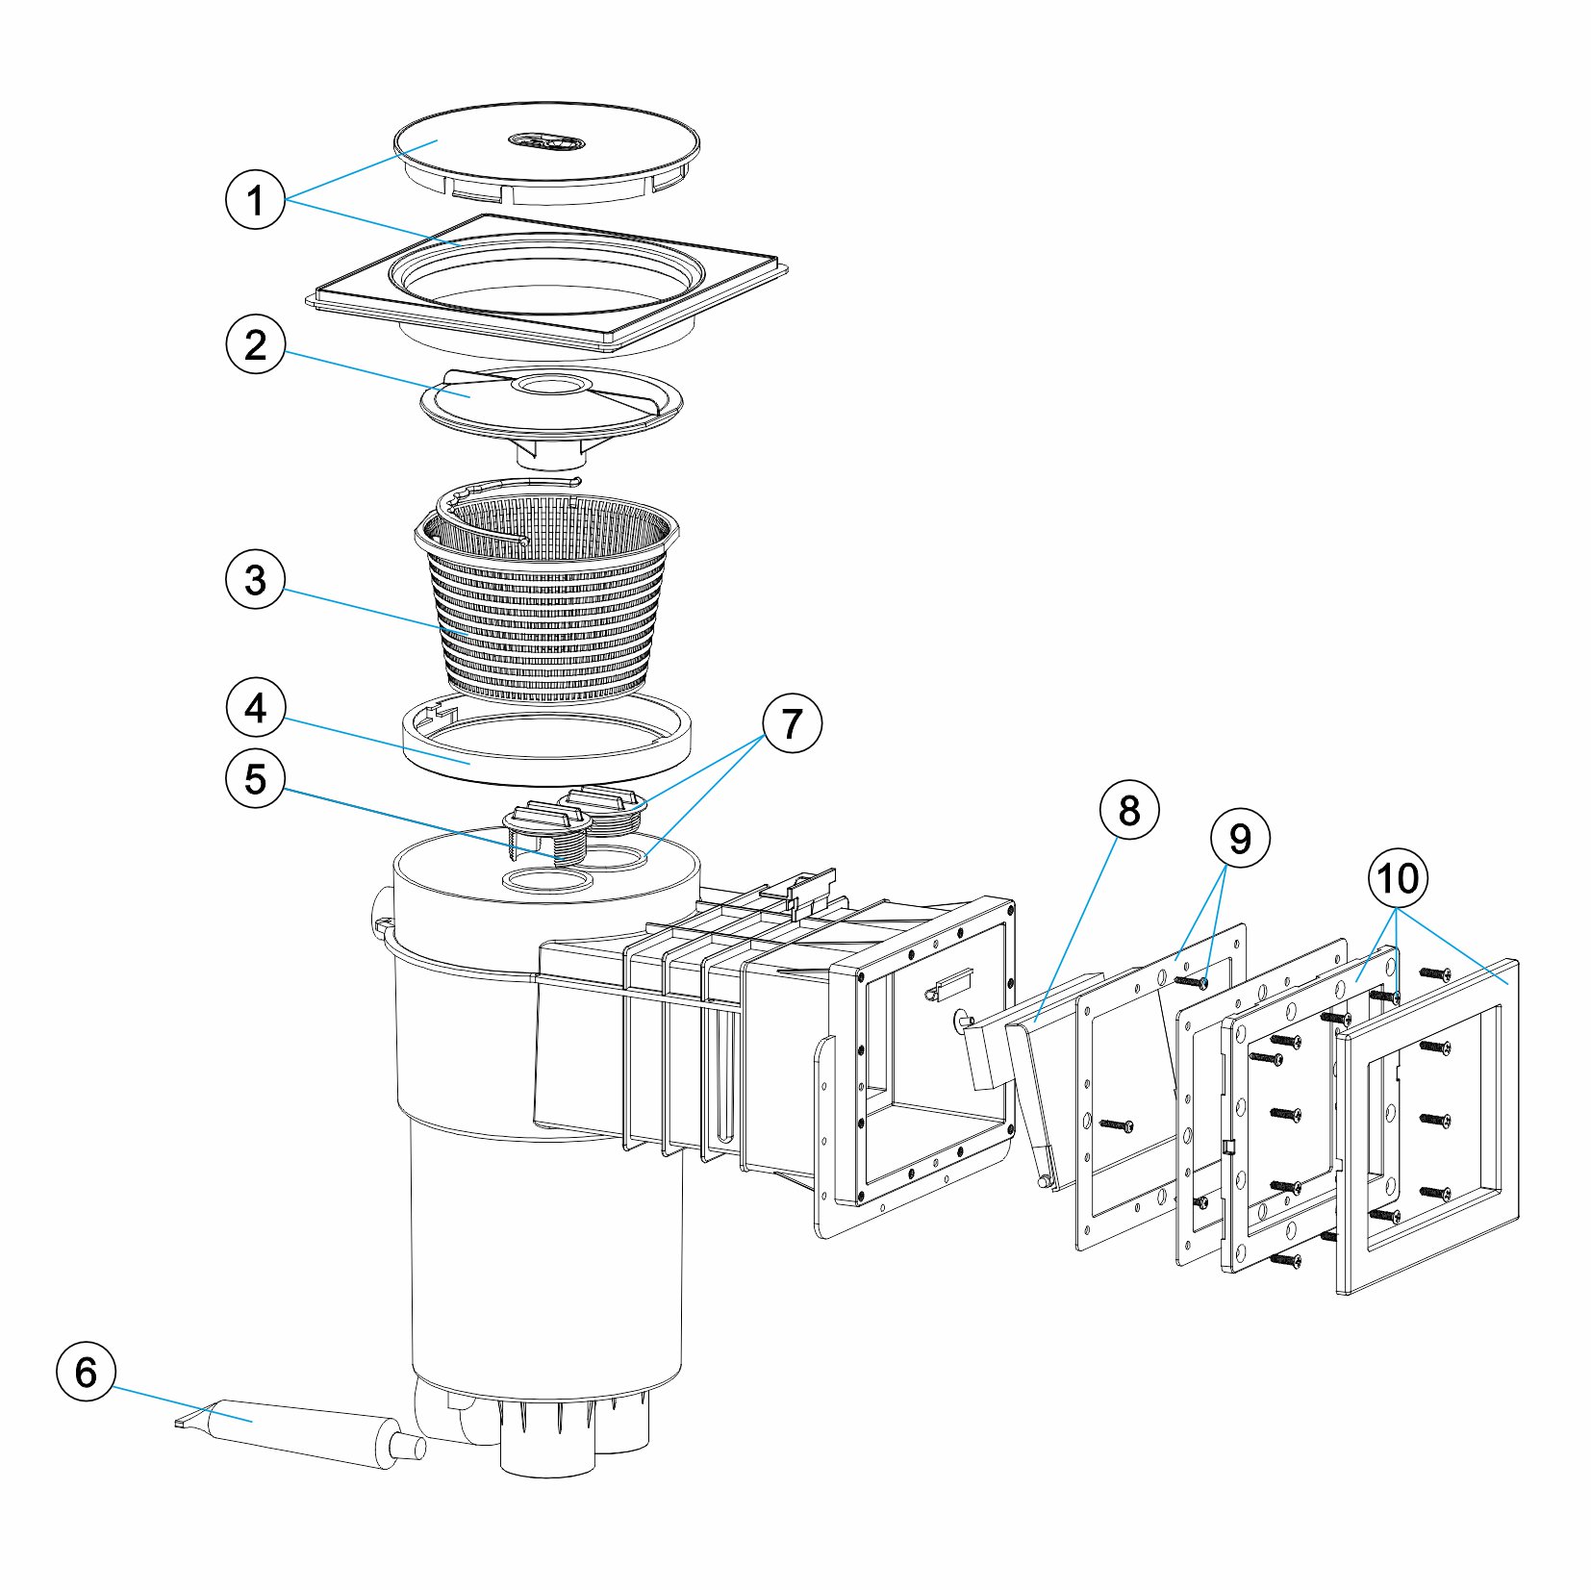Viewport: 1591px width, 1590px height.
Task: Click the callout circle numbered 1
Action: pyautogui.click(x=255, y=200)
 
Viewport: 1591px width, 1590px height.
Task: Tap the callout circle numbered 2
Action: pyautogui.click(x=255, y=344)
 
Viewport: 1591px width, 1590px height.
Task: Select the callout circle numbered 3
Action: pyautogui.click(x=255, y=580)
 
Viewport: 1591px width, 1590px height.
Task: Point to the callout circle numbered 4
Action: pyautogui.click(x=255, y=709)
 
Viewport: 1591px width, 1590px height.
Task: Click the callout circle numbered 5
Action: pyautogui.click(x=255, y=778)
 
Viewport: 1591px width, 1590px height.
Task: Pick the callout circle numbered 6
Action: pyautogui.click(x=86, y=1372)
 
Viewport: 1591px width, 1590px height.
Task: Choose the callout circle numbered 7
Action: pyautogui.click(x=792, y=723)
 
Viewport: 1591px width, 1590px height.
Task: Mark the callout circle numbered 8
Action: pyautogui.click(x=1129, y=811)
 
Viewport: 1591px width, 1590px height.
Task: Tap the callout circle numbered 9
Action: pyautogui.click(x=1240, y=839)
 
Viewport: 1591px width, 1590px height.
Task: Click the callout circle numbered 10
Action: pyautogui.click(x=1398, y=877)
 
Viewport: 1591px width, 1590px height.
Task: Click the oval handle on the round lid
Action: pyautogui.click(x=546, y=142)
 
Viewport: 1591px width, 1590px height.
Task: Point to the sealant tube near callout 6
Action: pyautogui.click(x=298, y=1433)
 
